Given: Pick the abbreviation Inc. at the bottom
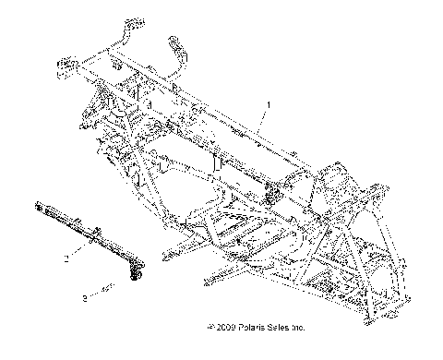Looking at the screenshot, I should pyautogui.click(x=295, y=353).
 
